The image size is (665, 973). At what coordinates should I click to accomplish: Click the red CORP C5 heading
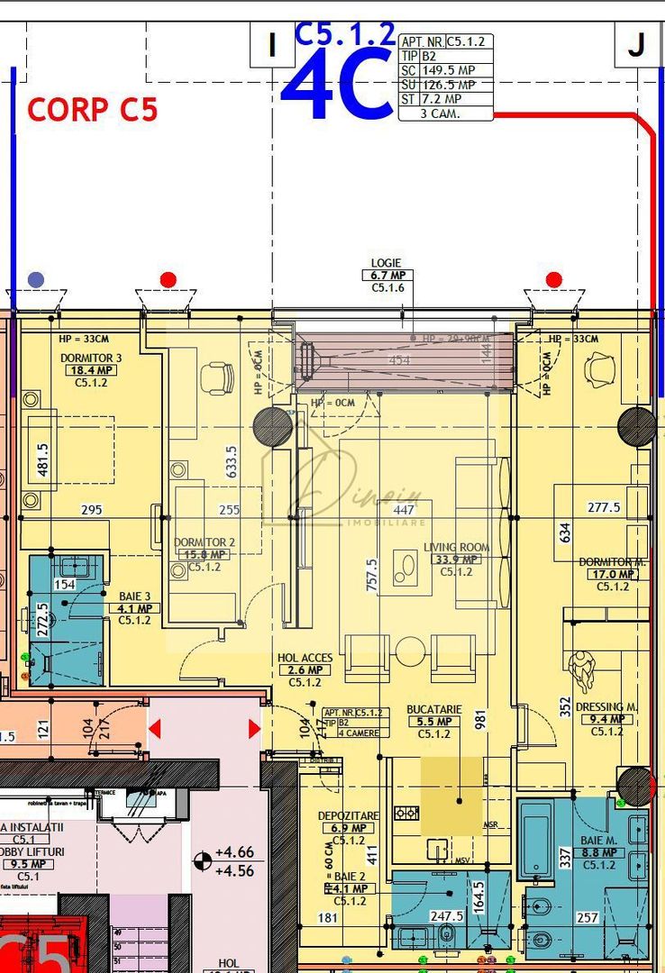click(92, 109)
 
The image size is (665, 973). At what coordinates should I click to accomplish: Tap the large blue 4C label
click(337, 86)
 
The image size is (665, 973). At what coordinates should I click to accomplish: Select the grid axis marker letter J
click(637, 45)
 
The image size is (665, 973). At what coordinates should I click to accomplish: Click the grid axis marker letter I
click(271, 45)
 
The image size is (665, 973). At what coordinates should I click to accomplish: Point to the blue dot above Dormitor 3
click(36, 279)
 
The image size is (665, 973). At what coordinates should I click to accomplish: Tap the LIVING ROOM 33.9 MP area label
click(456, 559)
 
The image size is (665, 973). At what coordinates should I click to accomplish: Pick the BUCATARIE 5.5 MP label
click(433, 722)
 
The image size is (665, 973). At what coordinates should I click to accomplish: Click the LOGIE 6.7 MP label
click(386, 275)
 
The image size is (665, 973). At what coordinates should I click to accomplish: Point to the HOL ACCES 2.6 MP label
click(305, 670)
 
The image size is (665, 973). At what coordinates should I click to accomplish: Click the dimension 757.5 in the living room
click(372, 573)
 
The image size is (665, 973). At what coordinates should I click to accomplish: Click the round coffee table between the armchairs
click(411, 650)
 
